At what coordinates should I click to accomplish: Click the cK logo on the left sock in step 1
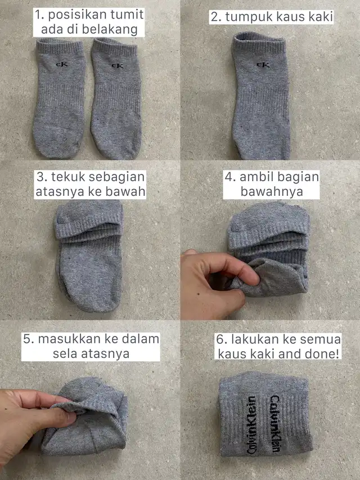coord(62,64)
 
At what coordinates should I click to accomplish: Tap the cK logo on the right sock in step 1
coord(118,66)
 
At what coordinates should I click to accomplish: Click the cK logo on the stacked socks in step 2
coord(263,65)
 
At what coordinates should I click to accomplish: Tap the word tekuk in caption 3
coord(65,177)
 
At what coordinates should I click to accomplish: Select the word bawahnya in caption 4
coord(272,192)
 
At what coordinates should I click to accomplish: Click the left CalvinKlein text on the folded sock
coord(251,425)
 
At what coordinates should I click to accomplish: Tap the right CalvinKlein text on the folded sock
coord(275,424)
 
